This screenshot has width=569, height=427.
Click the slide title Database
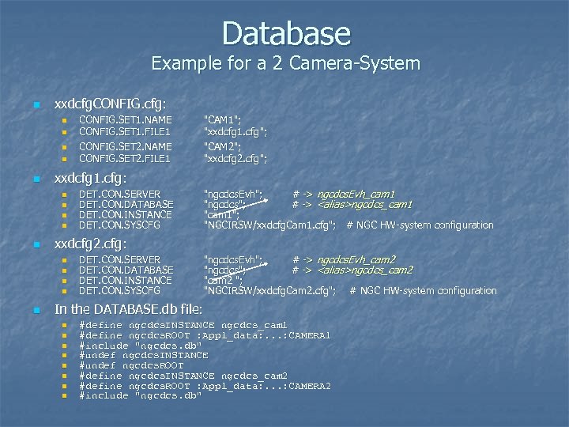click(285, 33)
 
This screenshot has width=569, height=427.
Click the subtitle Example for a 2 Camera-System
click(285, 62)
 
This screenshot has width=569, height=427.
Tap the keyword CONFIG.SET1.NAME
click(126, 119)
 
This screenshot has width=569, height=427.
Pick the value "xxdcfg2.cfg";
click(236, 158)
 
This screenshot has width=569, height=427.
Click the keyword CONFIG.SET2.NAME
click(126, 147)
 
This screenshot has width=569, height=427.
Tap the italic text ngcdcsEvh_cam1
click(356, 194)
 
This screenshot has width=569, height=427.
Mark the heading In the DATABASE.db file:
click(128, 308)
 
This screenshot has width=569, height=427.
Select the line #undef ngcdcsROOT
click(131, 365)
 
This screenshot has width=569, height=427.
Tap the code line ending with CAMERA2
click(205, 385)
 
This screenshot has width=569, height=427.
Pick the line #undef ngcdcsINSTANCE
click(144, 355)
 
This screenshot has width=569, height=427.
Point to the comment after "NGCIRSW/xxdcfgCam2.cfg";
click(423, 291)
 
